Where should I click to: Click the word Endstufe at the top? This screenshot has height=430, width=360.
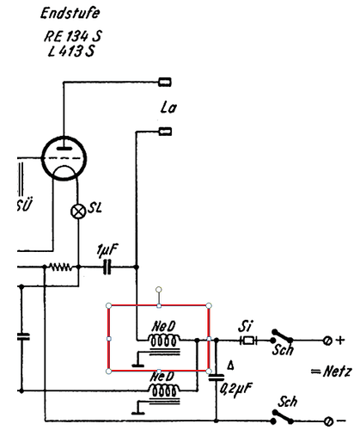click(70, 13)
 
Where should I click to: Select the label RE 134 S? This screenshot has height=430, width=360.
click(73, 36)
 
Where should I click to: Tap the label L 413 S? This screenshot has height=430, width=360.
click(71, 52)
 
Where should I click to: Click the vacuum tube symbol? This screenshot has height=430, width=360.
click(64, 158)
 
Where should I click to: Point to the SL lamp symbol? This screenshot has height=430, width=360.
click(78, 212)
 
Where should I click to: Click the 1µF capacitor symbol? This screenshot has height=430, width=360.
click(107, 267)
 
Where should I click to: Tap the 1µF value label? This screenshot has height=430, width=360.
click(107, 250)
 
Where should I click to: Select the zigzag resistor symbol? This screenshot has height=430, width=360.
click(61, 267)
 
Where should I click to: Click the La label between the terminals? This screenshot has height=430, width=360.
click(168, 107)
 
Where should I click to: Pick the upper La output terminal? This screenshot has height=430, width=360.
click(165, 83)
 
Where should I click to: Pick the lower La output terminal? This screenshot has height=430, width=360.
click(165, 132)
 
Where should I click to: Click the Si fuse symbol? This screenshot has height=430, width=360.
click(248, 341)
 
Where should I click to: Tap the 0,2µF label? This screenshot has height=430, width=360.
click(236, 390)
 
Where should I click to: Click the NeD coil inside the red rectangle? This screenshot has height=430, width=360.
click(164, 340)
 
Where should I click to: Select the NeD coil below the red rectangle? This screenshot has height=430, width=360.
click(164, 390)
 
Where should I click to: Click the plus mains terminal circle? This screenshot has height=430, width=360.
click(327, 341)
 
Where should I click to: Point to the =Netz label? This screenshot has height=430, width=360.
click(331, 372)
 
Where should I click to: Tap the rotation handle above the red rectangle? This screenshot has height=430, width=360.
click(159, 290)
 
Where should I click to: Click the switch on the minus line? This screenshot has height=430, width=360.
click(283, 417)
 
